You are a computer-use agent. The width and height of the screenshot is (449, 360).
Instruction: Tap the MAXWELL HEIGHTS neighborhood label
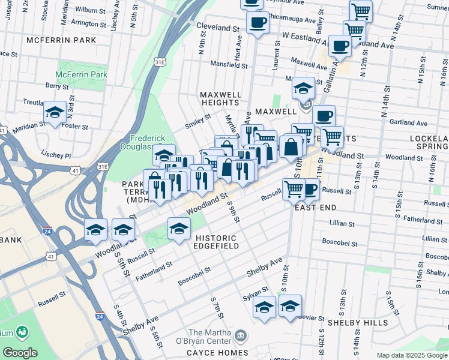pos(220,99)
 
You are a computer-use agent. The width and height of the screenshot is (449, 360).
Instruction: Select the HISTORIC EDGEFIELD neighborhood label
pos(216,242)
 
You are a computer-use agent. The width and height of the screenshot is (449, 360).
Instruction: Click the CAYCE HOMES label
pos(217,352)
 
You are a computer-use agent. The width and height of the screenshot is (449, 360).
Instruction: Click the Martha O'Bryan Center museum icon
pos(241,334)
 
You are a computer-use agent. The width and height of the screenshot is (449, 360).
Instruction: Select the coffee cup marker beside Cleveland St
pos(258,23)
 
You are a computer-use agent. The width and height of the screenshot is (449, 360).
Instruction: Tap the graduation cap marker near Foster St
pos(55,112)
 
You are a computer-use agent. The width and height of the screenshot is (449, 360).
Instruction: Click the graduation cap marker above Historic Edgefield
pos(179,229)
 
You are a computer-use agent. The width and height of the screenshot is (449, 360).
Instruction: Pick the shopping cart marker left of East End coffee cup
pos(294,189)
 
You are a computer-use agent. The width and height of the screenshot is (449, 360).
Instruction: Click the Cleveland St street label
pos(218,28)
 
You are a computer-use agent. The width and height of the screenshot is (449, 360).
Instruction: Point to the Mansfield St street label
pos(229,64)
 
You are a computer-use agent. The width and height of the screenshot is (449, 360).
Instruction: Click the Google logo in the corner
pos(20,353)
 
